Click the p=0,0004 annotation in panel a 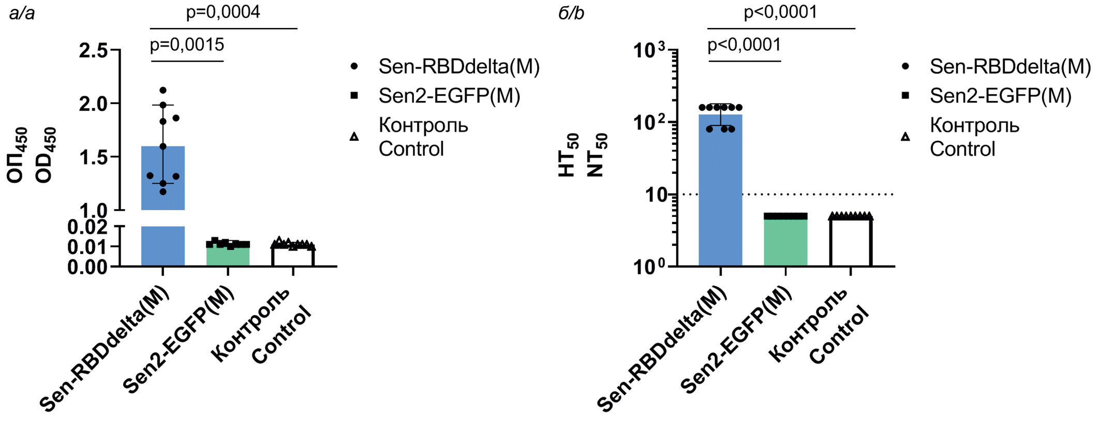(x=223, y=12)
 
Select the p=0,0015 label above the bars (x=187, y=45)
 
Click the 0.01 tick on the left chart (x=87, y=247)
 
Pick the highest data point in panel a (x=163, y=91)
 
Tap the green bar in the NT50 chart (x=785, y=243)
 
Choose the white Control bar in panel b (x=851, y=243)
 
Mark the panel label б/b (x=571, y=13)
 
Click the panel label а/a (x=22, y=13)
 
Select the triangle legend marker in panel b (x=905, y=137)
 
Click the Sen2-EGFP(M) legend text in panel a (x=449, y=96)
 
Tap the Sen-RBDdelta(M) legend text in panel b (x=1010, y=66)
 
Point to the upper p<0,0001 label (x=780, y=12)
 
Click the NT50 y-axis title (x=596, y=155)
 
